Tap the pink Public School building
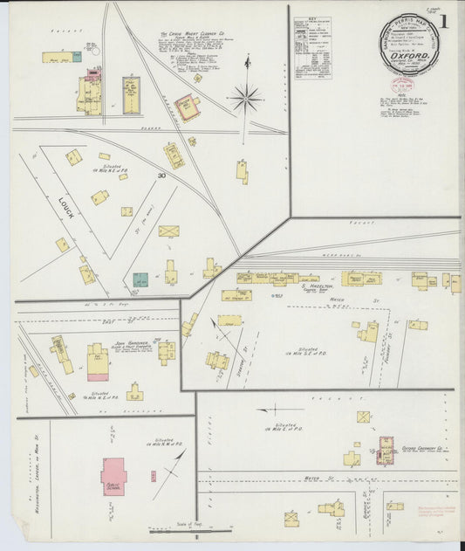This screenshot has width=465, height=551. [113, 476]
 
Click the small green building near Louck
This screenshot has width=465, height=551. [140, 280]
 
